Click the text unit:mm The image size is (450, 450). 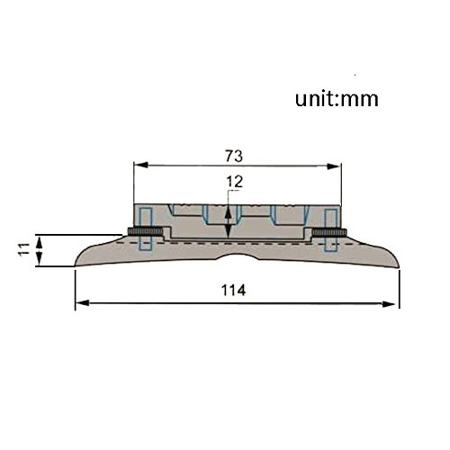coord(337,99)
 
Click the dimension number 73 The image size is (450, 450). coord(234,156)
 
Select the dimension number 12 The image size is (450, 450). coord(235,182)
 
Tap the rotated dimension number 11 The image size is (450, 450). coord(24,249)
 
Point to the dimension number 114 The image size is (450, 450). coord(233,290)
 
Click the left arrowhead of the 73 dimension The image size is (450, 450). coord(141,165)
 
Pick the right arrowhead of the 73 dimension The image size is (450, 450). coord(334,166)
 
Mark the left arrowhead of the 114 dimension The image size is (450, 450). coord(83,303)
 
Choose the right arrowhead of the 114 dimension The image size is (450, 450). coord(388,304)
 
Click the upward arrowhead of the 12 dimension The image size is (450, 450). coord(229,211)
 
